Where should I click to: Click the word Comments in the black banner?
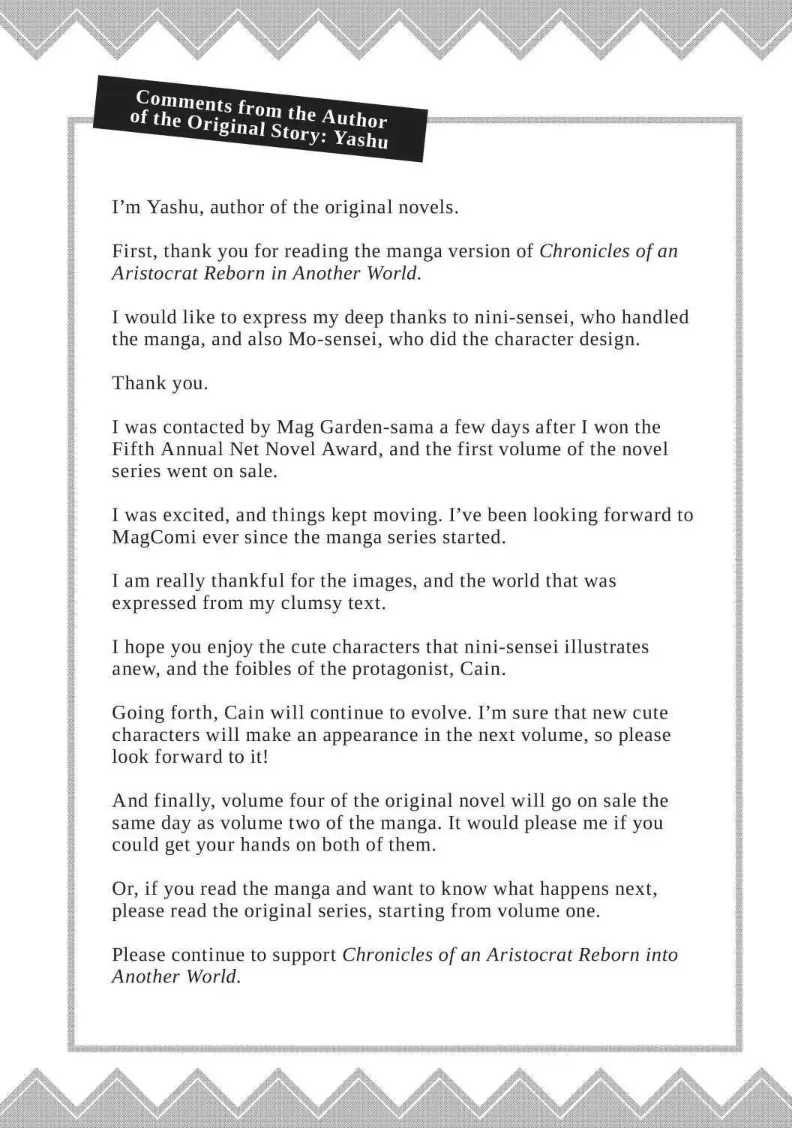[184, 102]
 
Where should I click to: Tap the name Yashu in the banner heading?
[361, 140]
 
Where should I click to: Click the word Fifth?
[133, 449]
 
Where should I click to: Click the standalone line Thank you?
[160, 383]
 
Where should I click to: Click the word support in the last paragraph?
[304, 955]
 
